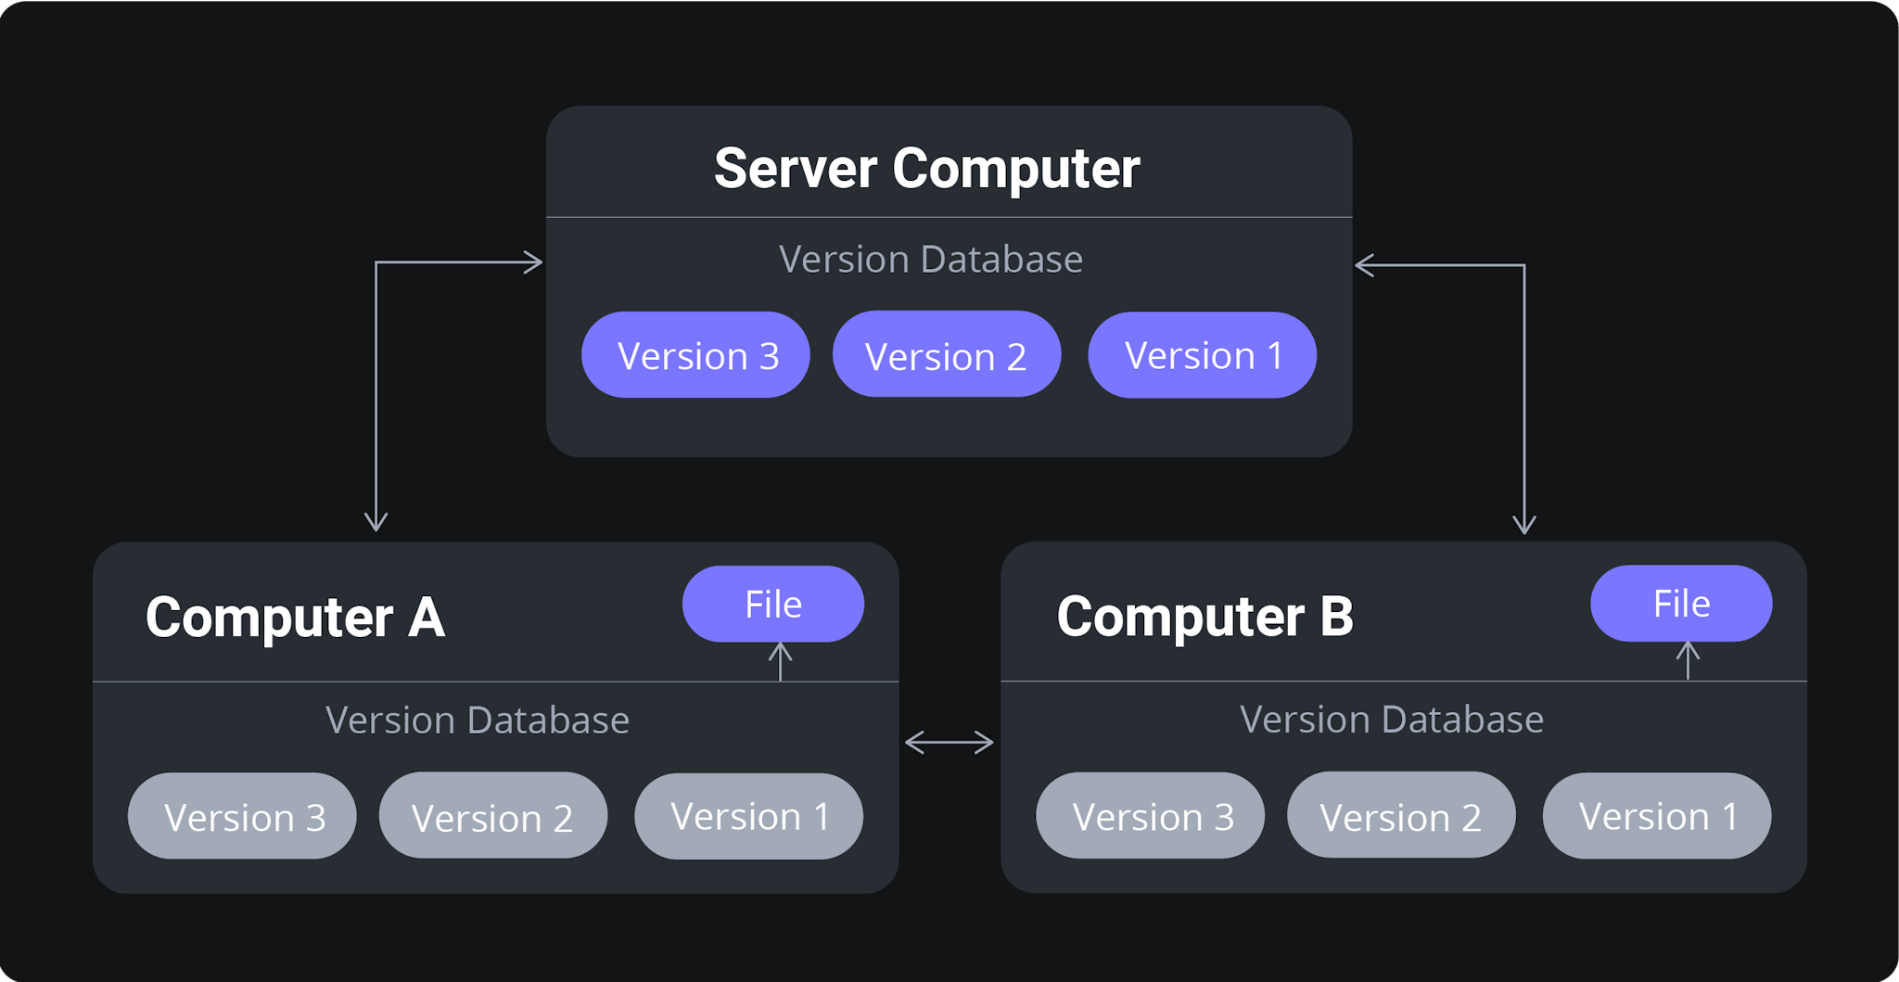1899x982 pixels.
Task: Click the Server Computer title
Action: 926,169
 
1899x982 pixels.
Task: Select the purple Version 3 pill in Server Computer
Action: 695,355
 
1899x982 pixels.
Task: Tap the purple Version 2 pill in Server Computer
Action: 946,355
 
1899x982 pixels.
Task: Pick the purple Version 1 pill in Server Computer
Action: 1202,355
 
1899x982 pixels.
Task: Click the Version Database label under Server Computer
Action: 930,260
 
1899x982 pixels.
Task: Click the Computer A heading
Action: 295,618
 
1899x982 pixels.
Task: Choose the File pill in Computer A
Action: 772,604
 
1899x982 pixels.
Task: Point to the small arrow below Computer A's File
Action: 781,661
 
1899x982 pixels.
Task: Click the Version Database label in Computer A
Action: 477,721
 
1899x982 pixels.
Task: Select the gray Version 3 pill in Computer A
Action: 242,816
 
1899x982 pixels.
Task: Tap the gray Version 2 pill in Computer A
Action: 492,816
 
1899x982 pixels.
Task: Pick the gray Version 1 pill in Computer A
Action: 748,816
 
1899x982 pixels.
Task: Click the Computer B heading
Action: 1204,618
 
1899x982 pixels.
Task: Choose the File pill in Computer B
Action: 1681,604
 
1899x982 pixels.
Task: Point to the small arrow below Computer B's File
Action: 1689,660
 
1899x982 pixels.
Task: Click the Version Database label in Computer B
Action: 1391,720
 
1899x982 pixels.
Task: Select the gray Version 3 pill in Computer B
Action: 1150,816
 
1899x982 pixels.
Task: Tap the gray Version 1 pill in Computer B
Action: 1656,816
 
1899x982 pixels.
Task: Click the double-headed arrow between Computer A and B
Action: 949,743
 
